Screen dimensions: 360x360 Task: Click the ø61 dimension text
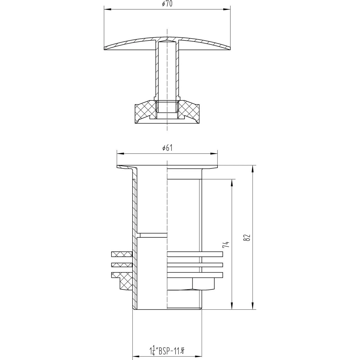point(167,148)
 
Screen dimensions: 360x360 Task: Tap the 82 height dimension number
point(247,237)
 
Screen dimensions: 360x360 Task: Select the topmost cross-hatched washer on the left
point(121,254)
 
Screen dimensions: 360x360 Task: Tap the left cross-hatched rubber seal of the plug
point(145,111)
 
